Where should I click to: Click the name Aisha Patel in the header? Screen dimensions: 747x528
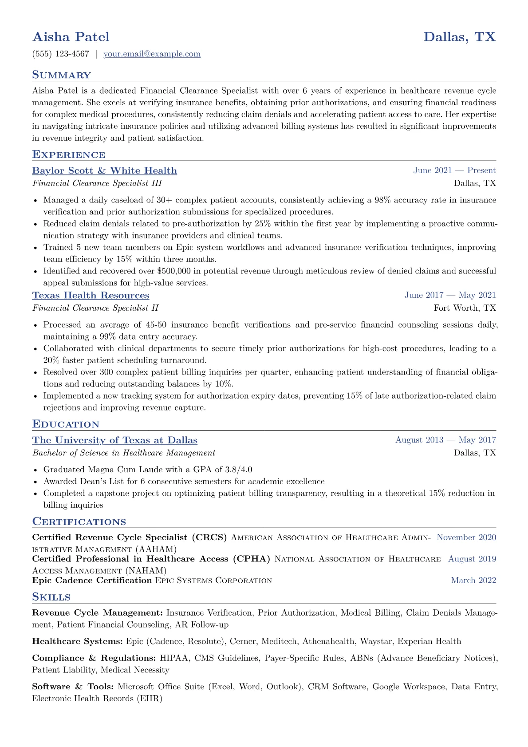pos(71,37)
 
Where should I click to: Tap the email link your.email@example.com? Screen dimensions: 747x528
pos(152,54)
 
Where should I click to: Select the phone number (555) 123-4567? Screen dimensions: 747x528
pos(61,54)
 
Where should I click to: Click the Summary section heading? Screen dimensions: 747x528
pos(61,75)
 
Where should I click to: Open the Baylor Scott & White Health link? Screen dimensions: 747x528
pos(104,171)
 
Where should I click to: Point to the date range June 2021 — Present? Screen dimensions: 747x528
pos(454,170)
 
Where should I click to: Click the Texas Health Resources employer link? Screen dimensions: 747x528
pos(91,296)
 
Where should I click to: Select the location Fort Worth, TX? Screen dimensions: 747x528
pos(465,308)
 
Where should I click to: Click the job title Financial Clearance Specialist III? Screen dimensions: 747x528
pos(97,183)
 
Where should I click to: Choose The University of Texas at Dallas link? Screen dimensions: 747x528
pos(115,440)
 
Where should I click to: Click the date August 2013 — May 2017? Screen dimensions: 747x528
pos(445,440)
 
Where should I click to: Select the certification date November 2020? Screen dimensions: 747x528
pos(466,538)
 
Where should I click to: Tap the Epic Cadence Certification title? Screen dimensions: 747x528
pos(92,581)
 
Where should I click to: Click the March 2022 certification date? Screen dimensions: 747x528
pos(473,581)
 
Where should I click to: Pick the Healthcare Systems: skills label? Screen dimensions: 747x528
pos(77,641)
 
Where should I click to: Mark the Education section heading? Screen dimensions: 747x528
pos(66,424)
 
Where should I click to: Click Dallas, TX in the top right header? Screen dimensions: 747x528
pos(460,37)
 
